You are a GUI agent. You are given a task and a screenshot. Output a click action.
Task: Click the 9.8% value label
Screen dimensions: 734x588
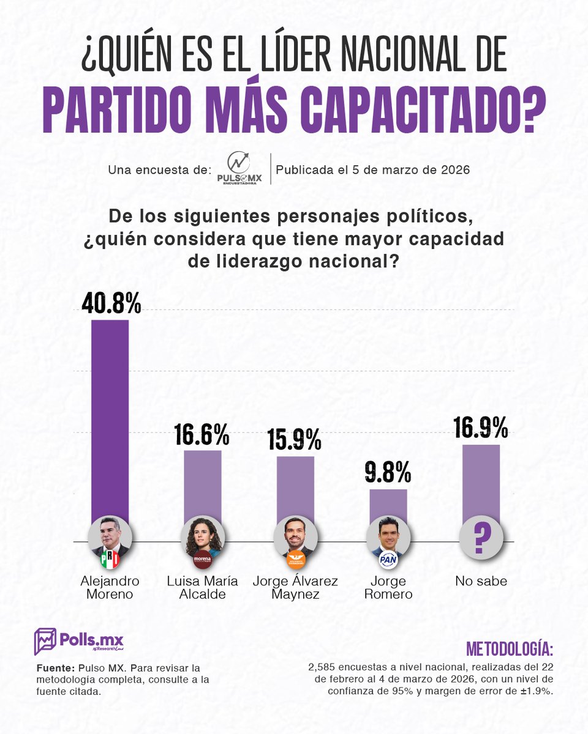[x=388, y=473]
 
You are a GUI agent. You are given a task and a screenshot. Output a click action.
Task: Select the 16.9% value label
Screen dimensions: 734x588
[x=481, y=428]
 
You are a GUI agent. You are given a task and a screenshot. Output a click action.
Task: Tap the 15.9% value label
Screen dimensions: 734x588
[x=295, y=439]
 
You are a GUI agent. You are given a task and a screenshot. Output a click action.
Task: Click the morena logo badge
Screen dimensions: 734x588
[x=202, y=559]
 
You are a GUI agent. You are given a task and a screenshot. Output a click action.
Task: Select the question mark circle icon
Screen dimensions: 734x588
[x=481, y=538]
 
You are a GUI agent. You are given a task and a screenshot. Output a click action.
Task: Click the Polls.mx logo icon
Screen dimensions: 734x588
[x=45, y=641]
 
